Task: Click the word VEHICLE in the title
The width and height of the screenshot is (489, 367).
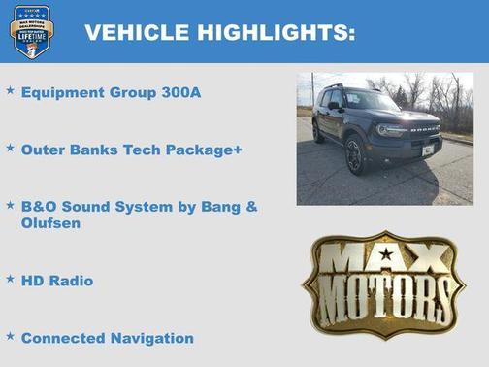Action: coord(136,32)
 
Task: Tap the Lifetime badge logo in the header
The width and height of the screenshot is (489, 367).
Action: coord(31,31)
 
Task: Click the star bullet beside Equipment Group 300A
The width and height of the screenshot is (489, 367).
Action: coord(11,90)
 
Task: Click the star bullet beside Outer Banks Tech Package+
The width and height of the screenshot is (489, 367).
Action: coord(11,149)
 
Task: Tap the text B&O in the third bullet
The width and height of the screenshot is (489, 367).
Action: coord(40,207)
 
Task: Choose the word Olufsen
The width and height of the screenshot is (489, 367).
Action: coord(50,223)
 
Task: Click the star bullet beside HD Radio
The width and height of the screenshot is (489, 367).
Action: coord(11,279)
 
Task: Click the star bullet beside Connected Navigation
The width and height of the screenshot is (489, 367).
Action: coord(11,336)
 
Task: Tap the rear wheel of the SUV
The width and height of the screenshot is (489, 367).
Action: coord(318,133)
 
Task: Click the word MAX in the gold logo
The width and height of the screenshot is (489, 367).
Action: coord(386,258)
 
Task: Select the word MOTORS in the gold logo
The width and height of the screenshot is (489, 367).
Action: coord(386,294)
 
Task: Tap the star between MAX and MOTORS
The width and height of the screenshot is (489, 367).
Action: coord(386,254)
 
